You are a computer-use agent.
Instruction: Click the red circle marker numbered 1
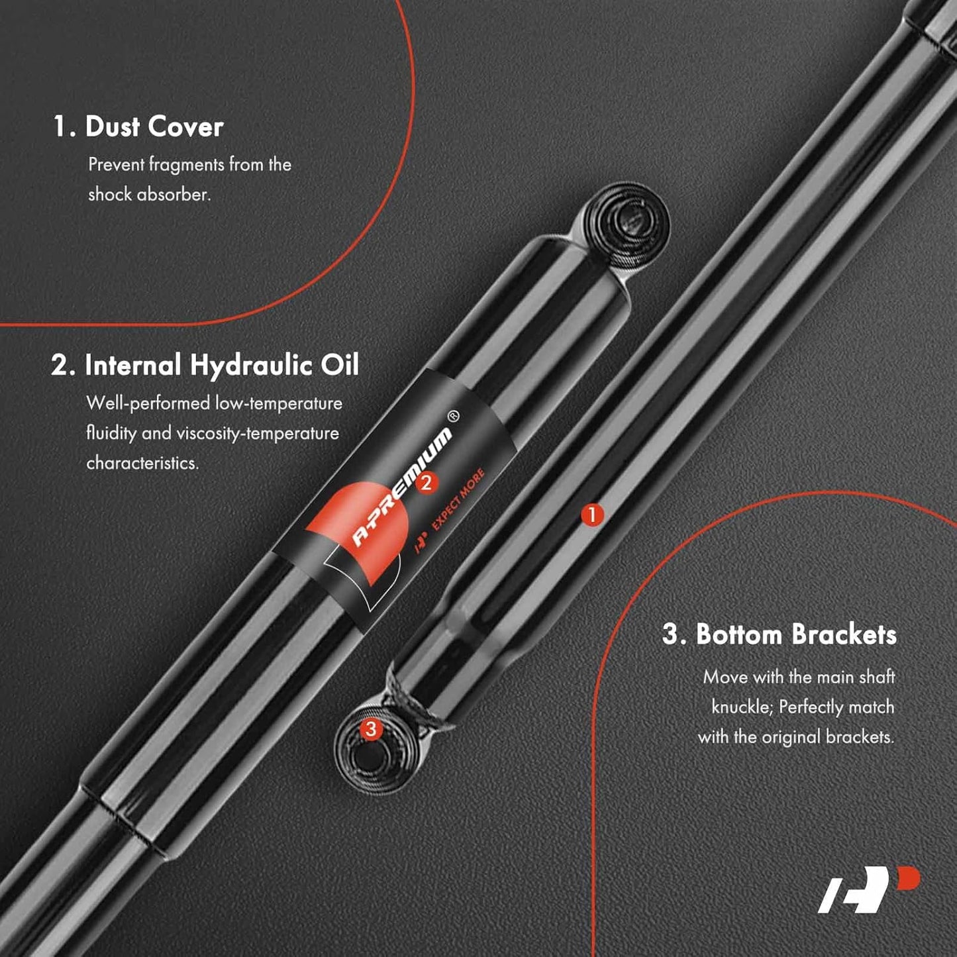point(591,515)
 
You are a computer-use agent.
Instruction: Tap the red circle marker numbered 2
point(426,482)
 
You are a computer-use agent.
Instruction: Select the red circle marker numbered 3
point(370,729)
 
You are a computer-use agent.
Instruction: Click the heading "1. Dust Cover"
point(138,126)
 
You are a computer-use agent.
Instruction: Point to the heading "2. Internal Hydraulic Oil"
point(205,365)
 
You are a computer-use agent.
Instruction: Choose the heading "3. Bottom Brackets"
point(780,634)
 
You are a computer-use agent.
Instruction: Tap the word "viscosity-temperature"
point(258,433)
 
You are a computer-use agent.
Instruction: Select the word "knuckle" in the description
point(742,707)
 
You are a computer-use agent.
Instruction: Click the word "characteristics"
point(142,463)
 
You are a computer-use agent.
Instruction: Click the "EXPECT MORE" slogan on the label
point(458,499)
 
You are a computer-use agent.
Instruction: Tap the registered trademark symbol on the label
point(453,415)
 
